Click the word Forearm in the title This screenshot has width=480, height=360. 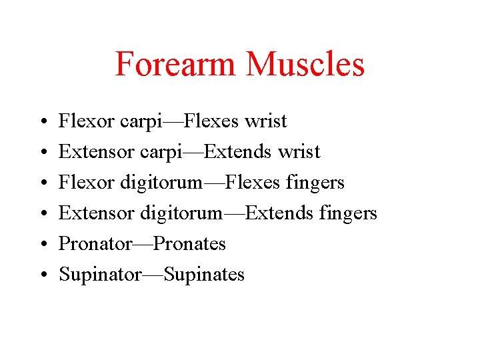[175, 64]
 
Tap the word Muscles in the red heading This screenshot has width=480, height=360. [305, 64]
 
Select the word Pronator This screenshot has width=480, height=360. [95, 244]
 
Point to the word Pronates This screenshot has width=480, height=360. [189, 244]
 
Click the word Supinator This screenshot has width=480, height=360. [100, 275]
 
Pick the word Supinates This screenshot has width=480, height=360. [204, 275]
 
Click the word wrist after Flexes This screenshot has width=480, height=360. [266, 121]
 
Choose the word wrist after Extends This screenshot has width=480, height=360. [299, 152]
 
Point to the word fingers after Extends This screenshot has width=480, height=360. [347, 213]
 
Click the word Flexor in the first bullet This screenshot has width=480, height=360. [87, 121]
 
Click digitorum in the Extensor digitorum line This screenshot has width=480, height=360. [181, 213]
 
